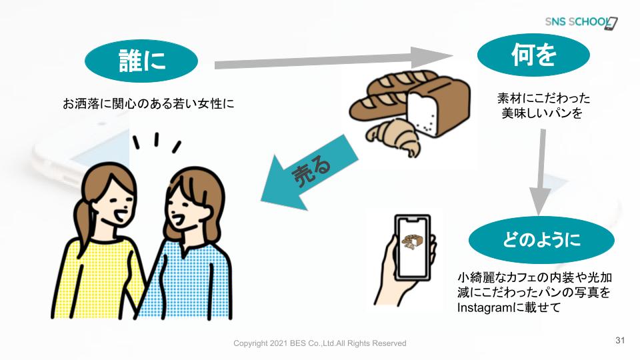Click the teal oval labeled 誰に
[141, 61]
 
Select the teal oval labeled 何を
[533, 55]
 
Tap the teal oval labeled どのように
[541, 239]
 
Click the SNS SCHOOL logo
[581, 23]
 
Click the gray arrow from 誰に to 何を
[333, 59]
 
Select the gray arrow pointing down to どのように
[541, 172]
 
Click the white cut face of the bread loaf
[423, 113]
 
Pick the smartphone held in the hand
[413, 248]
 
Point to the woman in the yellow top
[102, 241]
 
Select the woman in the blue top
[189, 244]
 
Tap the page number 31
[620, 340]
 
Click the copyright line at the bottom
[319, 343]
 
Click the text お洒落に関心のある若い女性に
[148, 104]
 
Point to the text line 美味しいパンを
[541, 113]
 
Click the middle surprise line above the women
[156, 139]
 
